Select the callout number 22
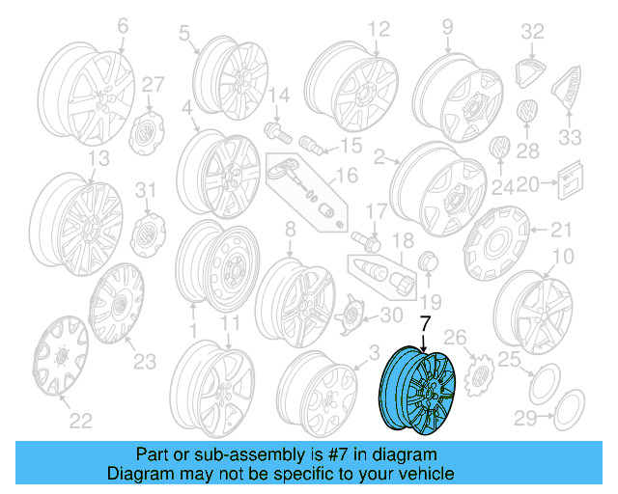pos(81,421)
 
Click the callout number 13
pos(98,157)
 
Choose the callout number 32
pos(533,33)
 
